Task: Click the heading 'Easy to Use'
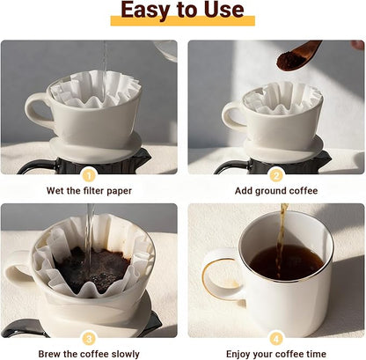click(x=182, y=11)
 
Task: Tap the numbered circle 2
click(x=276, y=174)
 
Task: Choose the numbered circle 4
click(x=276, y=338)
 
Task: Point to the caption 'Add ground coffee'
click(x=276, y=190)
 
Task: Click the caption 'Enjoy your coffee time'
click(x=276, y=353)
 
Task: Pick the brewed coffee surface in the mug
click(x=284, y=261)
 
